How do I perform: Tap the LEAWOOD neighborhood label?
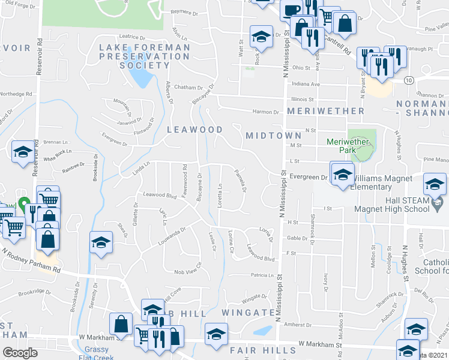[x=194, y=130]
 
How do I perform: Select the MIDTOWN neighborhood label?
[x=273, y=136]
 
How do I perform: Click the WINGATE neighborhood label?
[x=247, y=313]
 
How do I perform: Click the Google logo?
[x=20, y=352]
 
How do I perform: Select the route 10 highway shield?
[x=408, y=80]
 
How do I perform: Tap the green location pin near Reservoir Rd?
[x=24, y=206]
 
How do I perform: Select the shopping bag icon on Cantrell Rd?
[x=346, y=23]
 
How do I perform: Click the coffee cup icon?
[x=291, y=11]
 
